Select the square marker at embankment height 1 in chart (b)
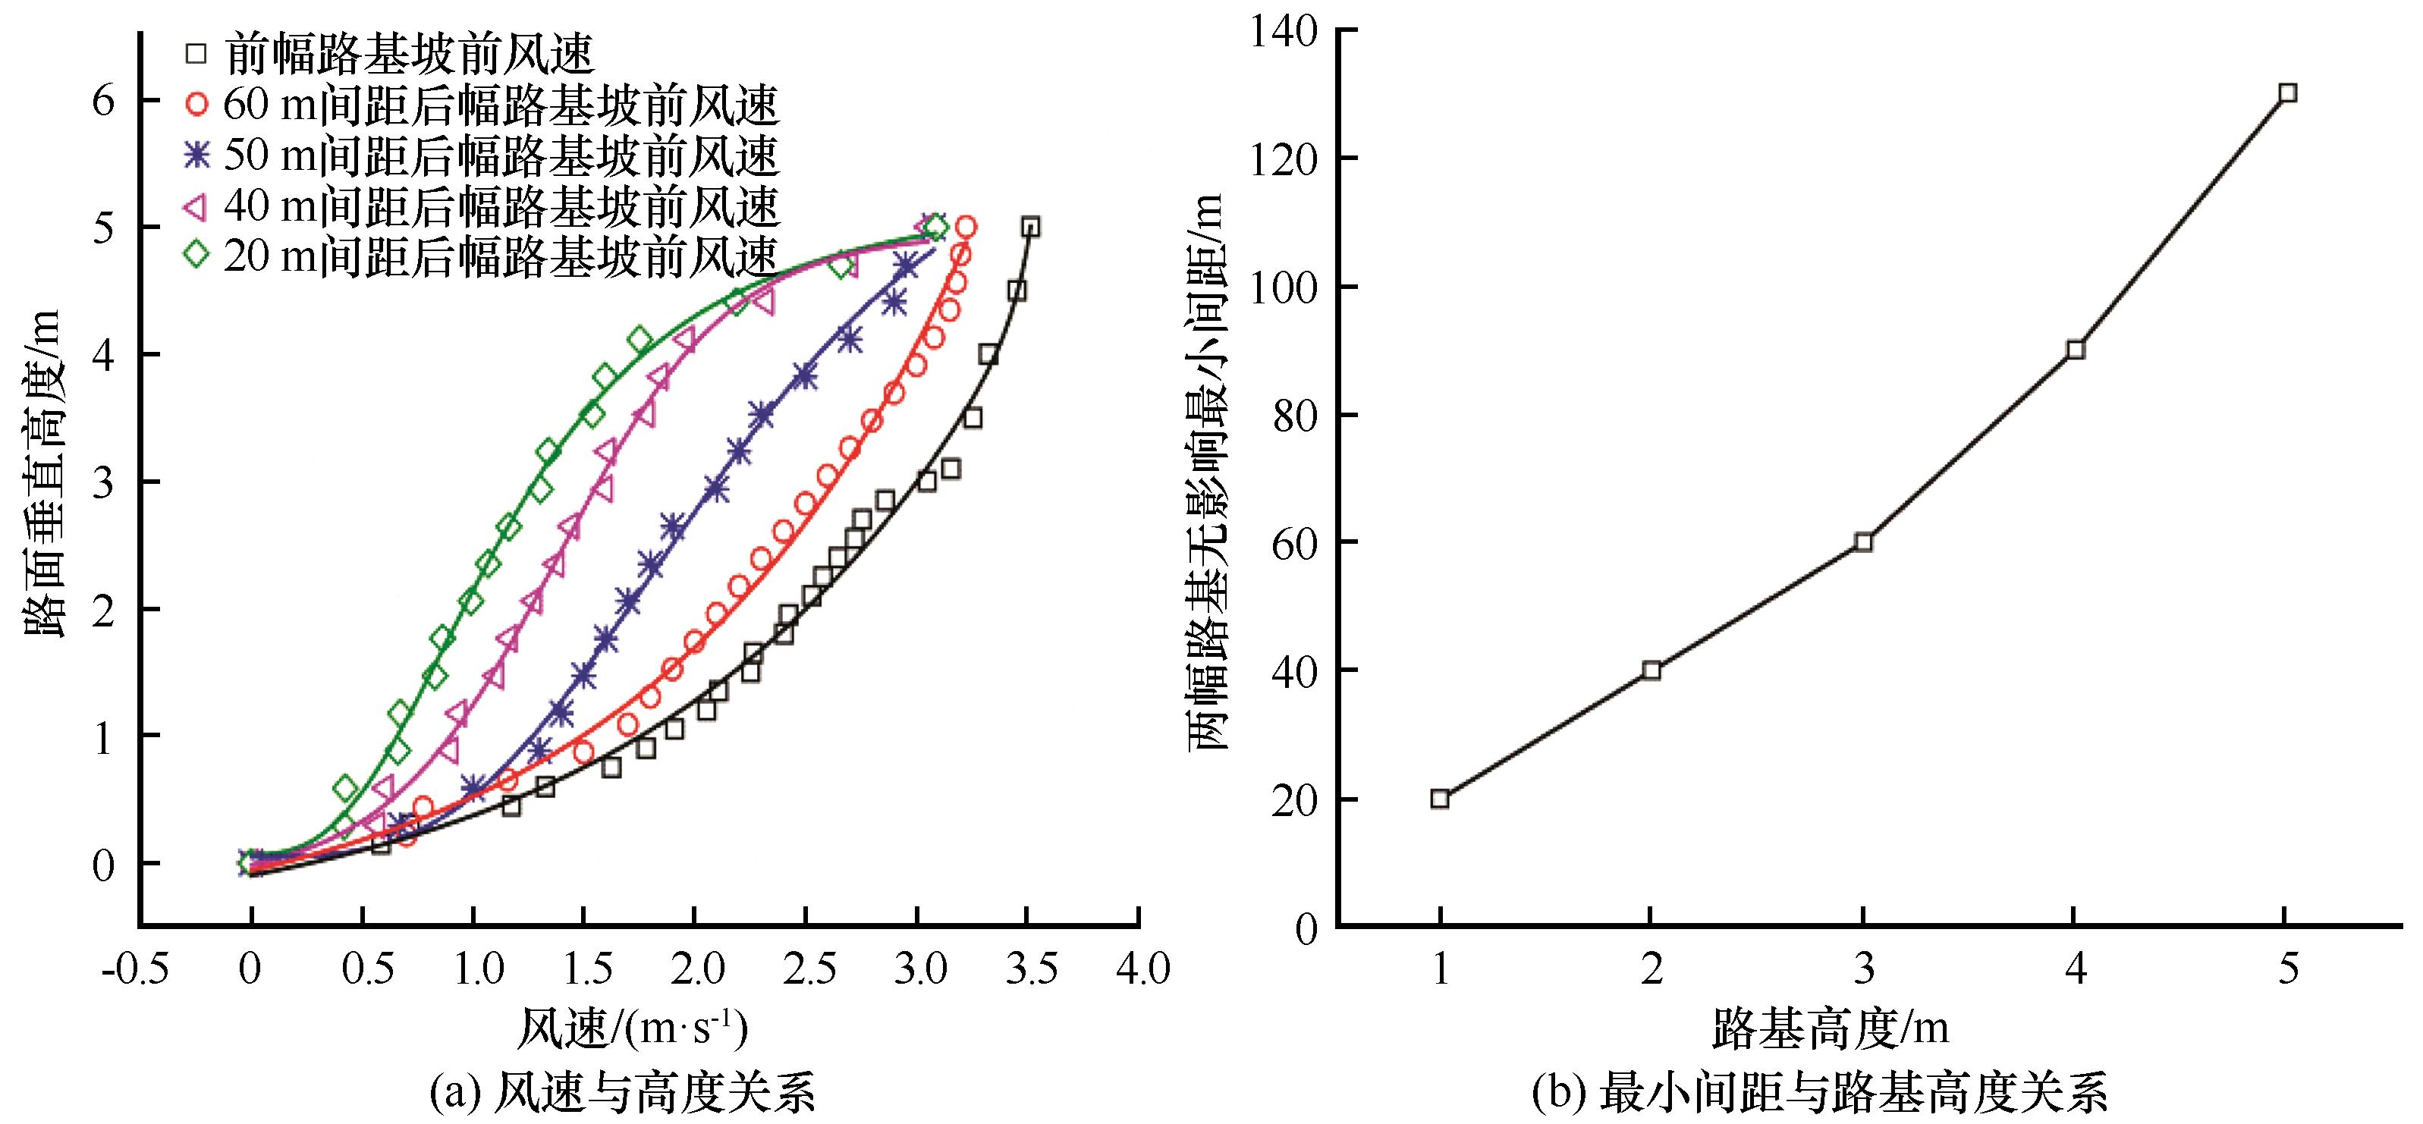coord(1440,799)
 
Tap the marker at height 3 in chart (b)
coord(1863,542)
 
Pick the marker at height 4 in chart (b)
coord(2076,350)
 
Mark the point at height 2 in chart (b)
coord(1651,670)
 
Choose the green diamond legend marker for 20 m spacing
coord(196,254)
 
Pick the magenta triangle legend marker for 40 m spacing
coord(196,205)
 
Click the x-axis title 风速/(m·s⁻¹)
coord(632,1030)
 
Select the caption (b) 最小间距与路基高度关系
coord(1819,1093)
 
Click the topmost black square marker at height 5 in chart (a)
coord(1031,227)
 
